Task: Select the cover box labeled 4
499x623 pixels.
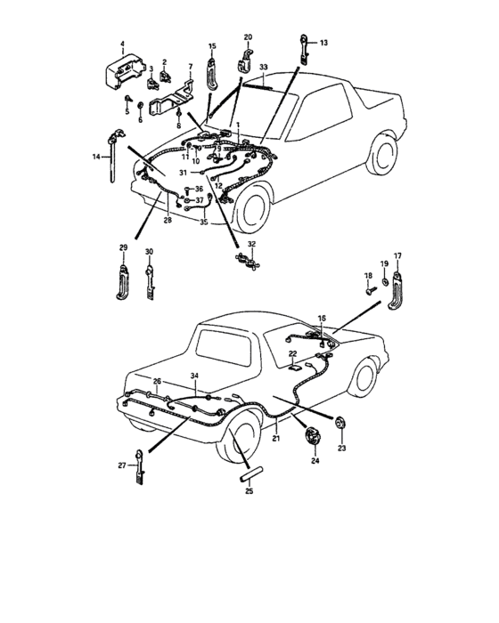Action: [123, 69]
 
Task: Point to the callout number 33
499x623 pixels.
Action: [263, 67]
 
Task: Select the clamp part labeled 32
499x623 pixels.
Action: [244, 262]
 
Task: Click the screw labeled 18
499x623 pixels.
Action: [368, 287]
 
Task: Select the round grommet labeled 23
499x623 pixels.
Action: [340, 421]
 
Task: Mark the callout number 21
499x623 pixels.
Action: [276, 440]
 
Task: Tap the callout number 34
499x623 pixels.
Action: [195, 377]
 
